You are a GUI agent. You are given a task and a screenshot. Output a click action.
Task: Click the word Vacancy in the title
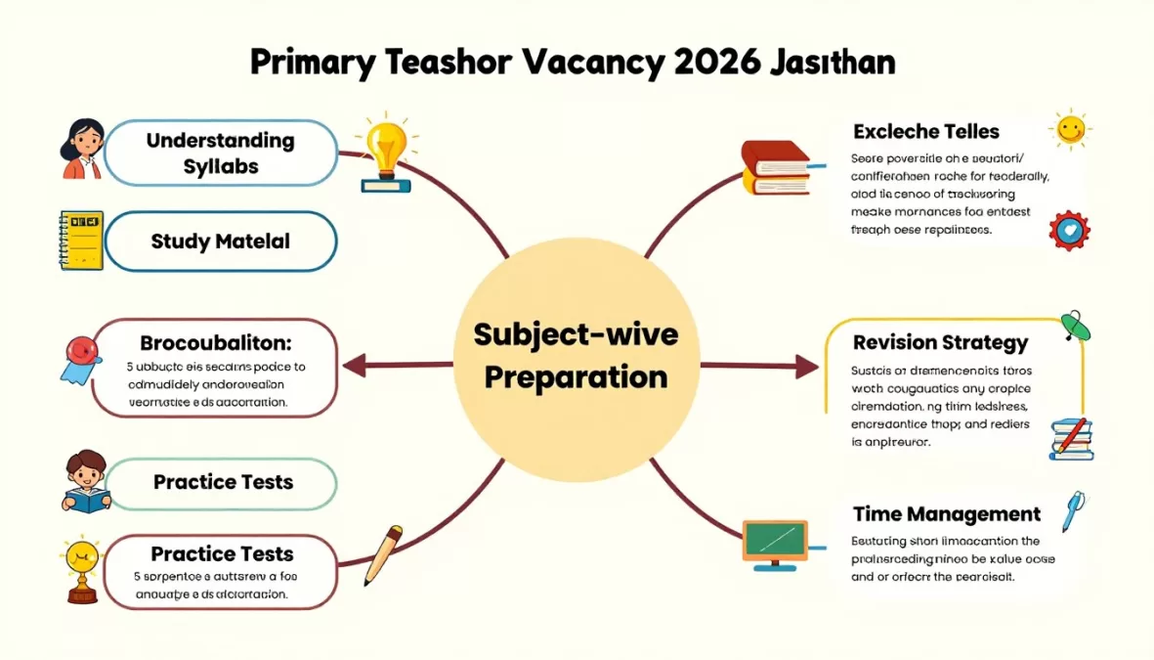coord(587,63)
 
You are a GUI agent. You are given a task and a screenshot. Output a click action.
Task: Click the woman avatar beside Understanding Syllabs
coord(83,148)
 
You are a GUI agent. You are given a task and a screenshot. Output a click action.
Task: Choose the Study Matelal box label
coord(221,241)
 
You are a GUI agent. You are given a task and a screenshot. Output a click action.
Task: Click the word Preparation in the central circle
coord(576,376)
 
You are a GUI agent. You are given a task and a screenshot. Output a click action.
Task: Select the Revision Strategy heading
coord(940,342)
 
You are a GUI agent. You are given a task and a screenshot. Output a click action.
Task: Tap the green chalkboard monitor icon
coord(775,541)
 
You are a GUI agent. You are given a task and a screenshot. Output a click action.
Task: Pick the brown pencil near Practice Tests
coord(383,554)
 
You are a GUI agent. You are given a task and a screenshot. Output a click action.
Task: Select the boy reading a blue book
coord(86,481)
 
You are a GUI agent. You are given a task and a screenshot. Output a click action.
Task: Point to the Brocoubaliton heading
coord(216,343)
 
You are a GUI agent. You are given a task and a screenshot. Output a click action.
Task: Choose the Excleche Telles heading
coord(926,131)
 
